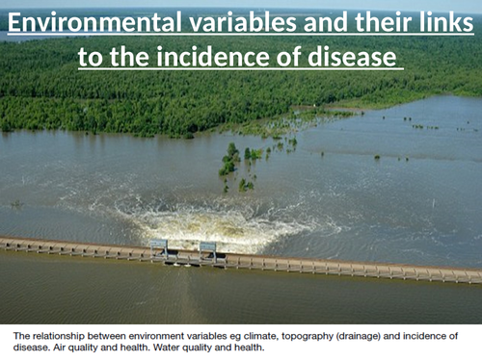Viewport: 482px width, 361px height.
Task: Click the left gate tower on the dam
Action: (x=158, y=247)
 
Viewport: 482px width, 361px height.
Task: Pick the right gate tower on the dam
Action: (x=207, y=249)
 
